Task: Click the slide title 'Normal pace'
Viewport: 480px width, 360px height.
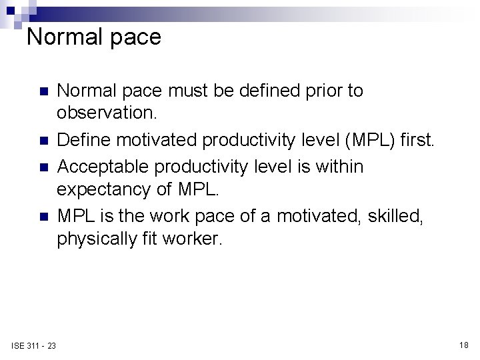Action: pyautogui.click(x=93, y=37)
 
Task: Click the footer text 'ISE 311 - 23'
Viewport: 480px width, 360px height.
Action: pyautogui.click(x=33, y=345)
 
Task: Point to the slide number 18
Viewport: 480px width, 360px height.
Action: pyautogui.click(x=464, y=345)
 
